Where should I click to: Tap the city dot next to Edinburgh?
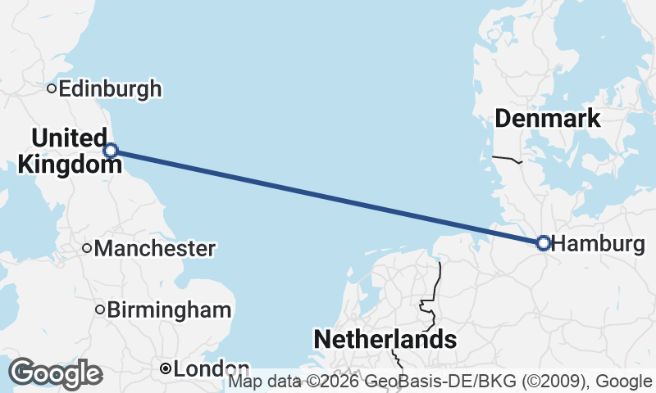click(51, 88)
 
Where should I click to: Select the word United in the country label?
click(70, 138)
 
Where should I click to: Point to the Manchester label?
click(155, 248)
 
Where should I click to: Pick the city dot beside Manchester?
click(87, 248)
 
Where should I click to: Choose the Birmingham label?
click(169, 310)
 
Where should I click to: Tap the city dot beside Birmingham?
click(100, 309)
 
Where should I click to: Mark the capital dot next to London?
click(166, 369)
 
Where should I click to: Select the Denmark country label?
click(547, 119)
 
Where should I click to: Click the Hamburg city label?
click(598, 244)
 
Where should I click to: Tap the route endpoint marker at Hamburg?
click(543, 243)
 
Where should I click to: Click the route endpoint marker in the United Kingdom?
click(111, 150)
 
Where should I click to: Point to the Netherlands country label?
click(385, 339)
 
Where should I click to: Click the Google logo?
click(56, 373)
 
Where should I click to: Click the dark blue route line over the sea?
click(328, 196)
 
